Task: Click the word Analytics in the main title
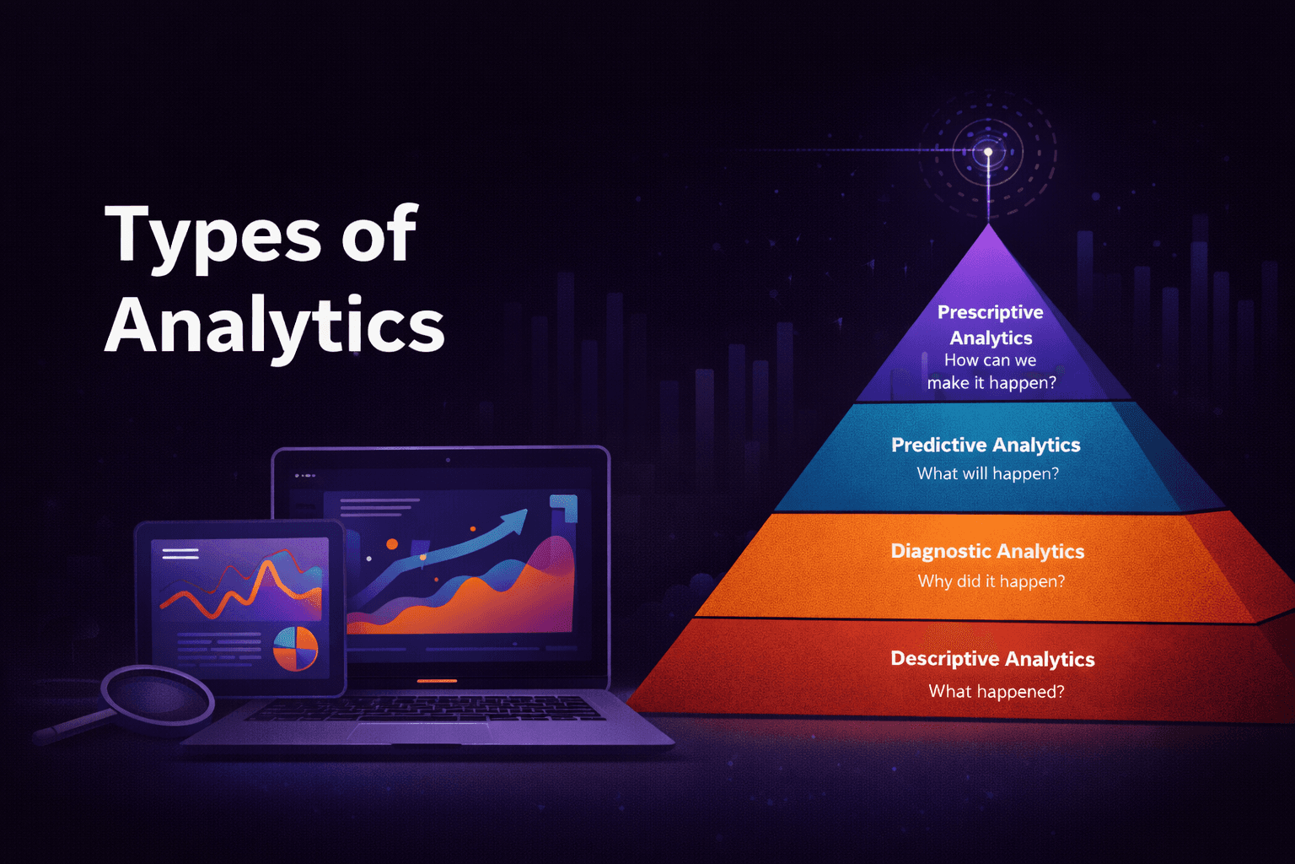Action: point(274,327)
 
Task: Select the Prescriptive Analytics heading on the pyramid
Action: point(991,325)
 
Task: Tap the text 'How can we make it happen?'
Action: point(991,371)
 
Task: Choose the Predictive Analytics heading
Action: point(986,445)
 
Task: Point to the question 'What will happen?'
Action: point(987,473)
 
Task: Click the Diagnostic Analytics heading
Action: point(987,551)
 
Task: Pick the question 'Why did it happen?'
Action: point(991,581)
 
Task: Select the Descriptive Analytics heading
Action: point(992,659)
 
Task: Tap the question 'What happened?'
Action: point(996,692)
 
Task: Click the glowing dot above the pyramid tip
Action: point(988,152)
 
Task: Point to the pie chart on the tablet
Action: point(296,648)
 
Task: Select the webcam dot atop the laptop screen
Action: point(448,460)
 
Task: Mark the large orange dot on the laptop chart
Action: point(392,544)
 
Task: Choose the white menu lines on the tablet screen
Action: point(180,554)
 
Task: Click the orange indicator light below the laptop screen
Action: point(437,681)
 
